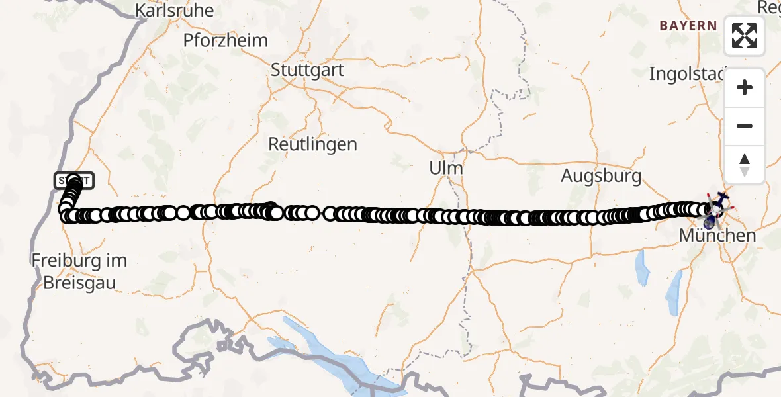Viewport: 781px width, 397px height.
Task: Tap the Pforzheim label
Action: point(226,40)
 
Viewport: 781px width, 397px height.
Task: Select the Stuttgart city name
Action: point(308,69)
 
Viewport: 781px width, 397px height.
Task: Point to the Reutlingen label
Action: point(312,144)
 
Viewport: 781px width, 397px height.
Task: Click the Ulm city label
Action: point(445,168)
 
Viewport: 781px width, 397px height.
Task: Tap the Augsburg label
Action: point(601,176)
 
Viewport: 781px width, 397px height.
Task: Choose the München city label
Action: point(717,236)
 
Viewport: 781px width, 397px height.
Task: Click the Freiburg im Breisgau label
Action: point(79,271)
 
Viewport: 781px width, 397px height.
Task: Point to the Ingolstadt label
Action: point(688,73)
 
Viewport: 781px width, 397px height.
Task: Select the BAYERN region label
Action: point(688,26)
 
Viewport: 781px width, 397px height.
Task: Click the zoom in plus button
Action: point(745,87)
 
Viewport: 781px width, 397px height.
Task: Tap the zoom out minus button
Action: point(745,126)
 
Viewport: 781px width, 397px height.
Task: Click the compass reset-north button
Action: point(745,164)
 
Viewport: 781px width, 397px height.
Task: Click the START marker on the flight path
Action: point(73,180)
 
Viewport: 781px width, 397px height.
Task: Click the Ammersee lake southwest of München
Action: point(641,267)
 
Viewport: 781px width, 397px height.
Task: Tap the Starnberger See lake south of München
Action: point(673,293)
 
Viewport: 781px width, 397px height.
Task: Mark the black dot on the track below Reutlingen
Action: point(270,208)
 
